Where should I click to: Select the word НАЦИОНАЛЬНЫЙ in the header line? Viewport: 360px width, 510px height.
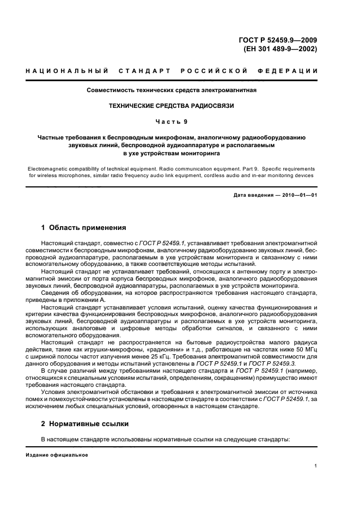click(66, 71)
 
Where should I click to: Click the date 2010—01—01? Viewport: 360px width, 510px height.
click(298, 195)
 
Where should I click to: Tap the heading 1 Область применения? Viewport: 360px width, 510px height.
click(84, 228)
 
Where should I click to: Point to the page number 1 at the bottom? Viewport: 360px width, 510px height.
click(316, 466)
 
